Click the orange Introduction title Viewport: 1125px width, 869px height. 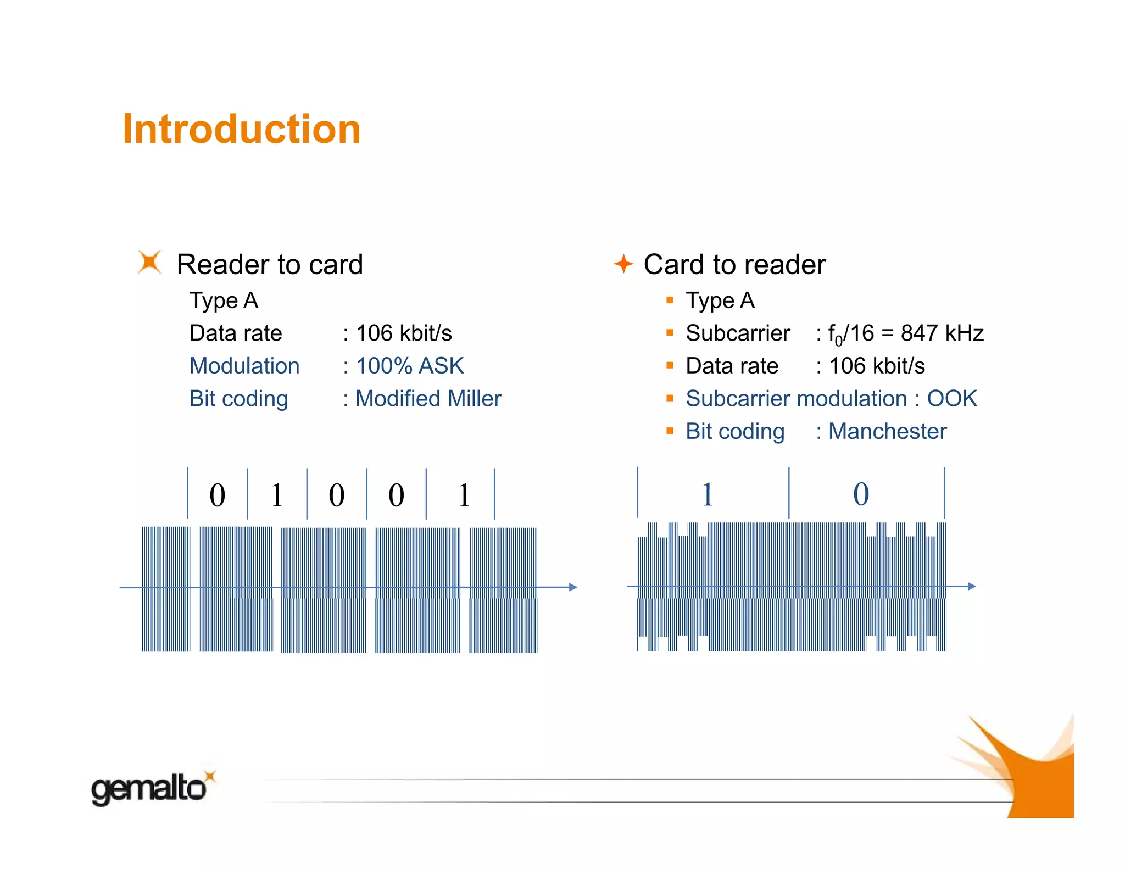click(x=241, y=129)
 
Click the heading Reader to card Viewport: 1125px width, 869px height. click(x=270, y=264)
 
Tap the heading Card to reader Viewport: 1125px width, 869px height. click(x=734, y=264)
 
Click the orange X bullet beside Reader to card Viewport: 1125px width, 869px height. click(x=149, y=262)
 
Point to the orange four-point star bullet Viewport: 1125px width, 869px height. click(x=623, y=264)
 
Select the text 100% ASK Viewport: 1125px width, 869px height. click(x=410, y=366)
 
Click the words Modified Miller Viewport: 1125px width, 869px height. click(x=428, y=399)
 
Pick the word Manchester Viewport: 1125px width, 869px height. click(x=887, y=431)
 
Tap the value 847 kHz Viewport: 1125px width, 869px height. click(x=942, y=333)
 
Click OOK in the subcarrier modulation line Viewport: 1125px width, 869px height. click(x=952, y=399)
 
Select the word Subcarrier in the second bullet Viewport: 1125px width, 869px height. click(x=738, y=333)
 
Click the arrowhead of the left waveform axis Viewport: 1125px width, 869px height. click(x=573, y=587)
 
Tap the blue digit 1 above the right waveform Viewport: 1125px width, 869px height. click(x=708, y=494)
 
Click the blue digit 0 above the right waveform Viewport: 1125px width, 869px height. click(x=861, y=494)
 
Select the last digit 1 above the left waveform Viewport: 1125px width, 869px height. click(x=464, y=495)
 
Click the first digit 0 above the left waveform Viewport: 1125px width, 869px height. click(x=218, y=495)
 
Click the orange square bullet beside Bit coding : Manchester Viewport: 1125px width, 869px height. click(x=670, y=431)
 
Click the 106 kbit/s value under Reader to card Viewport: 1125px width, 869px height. click(x=404, y=333)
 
